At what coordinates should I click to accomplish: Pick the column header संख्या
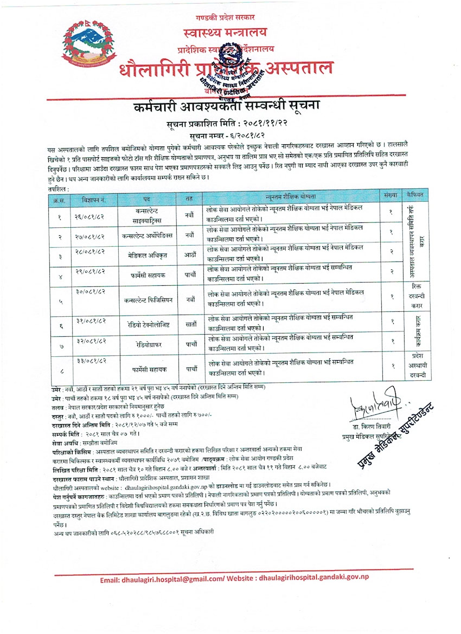click(x=390, y=195)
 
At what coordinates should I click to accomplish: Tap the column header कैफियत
click(x=416, y=194)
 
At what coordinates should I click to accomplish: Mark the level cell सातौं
click(x=189, y=324)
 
